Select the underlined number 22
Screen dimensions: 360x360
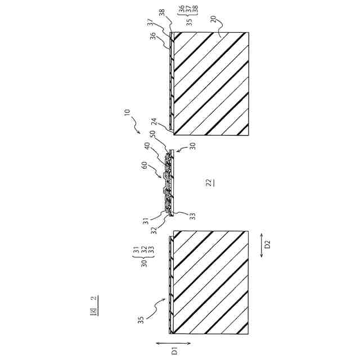tap(208, 182)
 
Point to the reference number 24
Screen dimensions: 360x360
tap(153, 121)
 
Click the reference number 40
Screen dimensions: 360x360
tap(147, 147)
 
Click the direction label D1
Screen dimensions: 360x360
tap(174, 351)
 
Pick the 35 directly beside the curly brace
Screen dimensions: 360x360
tap(189, 22)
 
